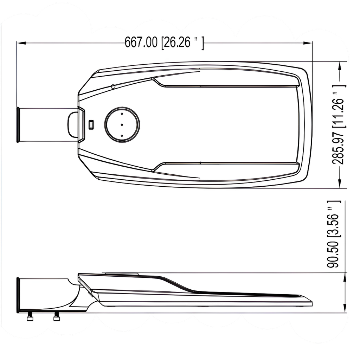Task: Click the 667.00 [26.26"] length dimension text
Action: pyautogui.click(x=164, y=43)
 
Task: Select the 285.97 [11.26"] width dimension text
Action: pyautogui.click(x=340, y=125)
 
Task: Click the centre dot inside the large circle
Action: pyautogui.click(x=122, y=124)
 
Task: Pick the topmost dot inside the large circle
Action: pyautogui.click(x=122, y=114)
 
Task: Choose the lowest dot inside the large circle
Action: pyautogui.click(x=122, y=135)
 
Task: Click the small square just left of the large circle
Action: pyautogui.click(x=91, y=124)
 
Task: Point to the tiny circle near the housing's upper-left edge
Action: pyautogui.click(x=113, y=86)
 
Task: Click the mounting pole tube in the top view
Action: pyautogui.click(x=46, y=125)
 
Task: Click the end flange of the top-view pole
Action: pyautogui.click(x=18, y=125)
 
